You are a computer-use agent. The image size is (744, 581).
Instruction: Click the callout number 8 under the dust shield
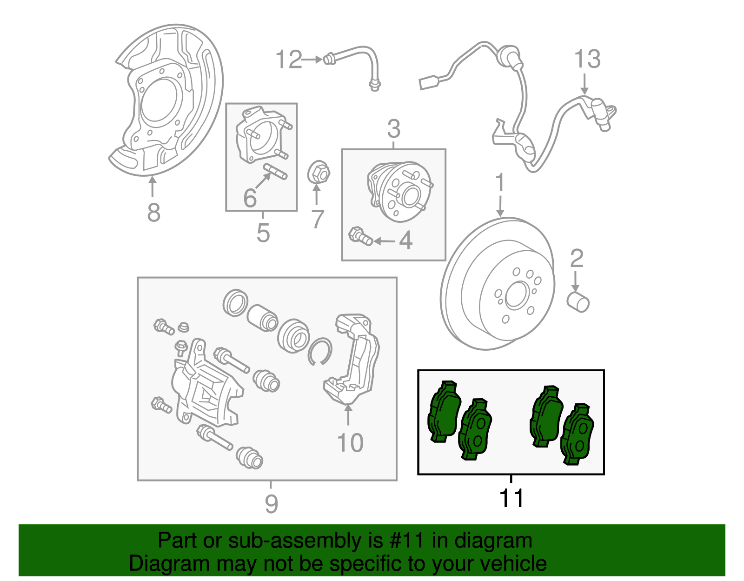click(x=153, y=213)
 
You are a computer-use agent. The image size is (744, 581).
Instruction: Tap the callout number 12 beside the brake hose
click(x=289, y=60)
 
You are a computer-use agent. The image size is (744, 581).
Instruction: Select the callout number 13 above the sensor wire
click(x=587, y=60)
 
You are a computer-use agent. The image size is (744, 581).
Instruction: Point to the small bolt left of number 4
click(x=360, y=235)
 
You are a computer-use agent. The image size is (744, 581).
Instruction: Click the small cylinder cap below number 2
click(x=578, y=302)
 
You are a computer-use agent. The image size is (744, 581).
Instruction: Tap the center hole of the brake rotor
click(x=515, y=295)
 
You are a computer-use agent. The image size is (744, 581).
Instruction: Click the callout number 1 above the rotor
click(x=500, y=183)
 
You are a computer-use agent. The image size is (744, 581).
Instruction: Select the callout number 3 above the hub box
click(x=393, y=129)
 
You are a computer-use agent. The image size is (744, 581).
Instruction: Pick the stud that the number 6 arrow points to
click(x=276, y=171)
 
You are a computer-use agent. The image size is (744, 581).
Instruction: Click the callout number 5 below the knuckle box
click(x=263, y=233)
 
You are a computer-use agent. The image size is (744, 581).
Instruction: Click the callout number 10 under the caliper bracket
click(x=350, y=443)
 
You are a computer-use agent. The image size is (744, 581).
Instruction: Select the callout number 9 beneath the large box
click(x=271, y=504)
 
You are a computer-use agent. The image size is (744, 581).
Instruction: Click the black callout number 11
click(x=511, y=499)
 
